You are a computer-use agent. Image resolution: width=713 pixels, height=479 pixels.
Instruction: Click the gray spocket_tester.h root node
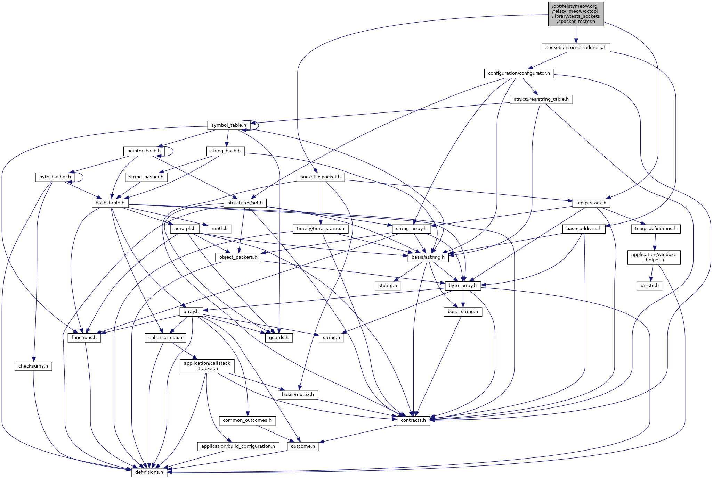click(576, 14)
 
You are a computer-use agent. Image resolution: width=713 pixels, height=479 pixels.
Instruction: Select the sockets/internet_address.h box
click(576, 48)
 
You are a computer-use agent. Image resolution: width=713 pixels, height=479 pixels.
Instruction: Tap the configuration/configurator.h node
click(519, 73)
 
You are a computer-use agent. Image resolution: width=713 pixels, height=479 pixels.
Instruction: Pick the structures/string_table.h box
click(541, 99)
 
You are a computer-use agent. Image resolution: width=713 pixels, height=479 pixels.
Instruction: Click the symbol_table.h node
click(228, 125)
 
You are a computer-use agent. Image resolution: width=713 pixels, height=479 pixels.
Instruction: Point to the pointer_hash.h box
click(144, 151)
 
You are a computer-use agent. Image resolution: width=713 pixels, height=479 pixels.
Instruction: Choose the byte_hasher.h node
click(55, 177)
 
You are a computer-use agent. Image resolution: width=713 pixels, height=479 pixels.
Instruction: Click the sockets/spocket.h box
click(321, 177)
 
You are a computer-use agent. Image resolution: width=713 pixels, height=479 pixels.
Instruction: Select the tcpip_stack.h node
click(591, 203)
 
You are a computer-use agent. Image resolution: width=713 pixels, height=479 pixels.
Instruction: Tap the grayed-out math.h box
click(219, 229)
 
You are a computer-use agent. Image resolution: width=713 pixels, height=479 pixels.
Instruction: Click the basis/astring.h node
click(428, 257)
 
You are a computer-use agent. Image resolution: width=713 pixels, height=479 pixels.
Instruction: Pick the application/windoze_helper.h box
click(654, 257)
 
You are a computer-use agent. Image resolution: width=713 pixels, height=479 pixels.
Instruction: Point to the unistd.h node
click(649, 286)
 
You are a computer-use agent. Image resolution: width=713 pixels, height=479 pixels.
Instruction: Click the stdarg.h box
click(388, 286)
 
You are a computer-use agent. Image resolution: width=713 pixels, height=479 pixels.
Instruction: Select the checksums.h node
click(33, 366)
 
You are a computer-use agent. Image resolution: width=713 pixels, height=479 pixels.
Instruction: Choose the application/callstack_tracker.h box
click(207, 366)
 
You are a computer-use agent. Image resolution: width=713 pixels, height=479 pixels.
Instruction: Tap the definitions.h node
click(149, 472)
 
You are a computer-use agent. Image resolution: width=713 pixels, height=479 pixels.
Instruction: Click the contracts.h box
click(413, 420)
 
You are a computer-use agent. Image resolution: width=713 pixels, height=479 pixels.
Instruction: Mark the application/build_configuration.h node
click(238, 446)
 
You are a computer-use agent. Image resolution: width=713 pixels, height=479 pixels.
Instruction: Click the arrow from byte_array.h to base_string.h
click(463, 299)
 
